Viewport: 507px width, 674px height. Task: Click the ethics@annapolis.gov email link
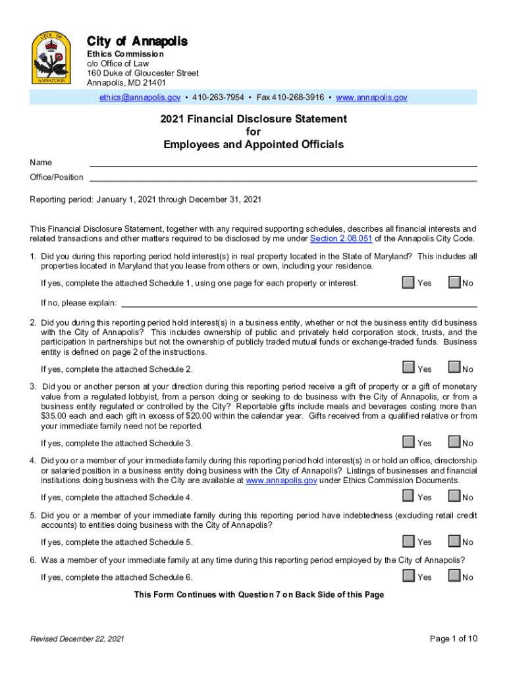(140, 97)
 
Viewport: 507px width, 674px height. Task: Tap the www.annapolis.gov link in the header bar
(371, 97)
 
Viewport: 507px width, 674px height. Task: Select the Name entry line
(283, 162)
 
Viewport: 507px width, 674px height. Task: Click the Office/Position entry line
(283, 176)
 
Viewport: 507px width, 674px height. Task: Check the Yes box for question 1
(408, 282)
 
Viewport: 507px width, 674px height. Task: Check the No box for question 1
(454, 282)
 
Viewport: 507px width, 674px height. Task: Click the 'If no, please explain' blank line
(300, 303)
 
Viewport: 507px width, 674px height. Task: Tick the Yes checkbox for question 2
(408, 367)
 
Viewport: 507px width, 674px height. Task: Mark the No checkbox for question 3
(454, 442)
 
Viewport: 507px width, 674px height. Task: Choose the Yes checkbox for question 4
(408, 496)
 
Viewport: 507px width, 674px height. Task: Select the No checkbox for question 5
(454, 541)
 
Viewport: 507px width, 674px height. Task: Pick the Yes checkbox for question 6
(408, 576)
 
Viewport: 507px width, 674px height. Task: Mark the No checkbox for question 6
(454, 576)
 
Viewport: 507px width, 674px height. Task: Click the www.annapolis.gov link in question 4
(281, 481)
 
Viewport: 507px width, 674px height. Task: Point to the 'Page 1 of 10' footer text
(453, 638)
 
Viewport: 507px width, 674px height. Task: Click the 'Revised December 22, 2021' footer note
(74, 639)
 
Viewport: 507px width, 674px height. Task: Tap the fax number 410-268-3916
(298, 97)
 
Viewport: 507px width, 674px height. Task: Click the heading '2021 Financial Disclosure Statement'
(254, 119)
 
